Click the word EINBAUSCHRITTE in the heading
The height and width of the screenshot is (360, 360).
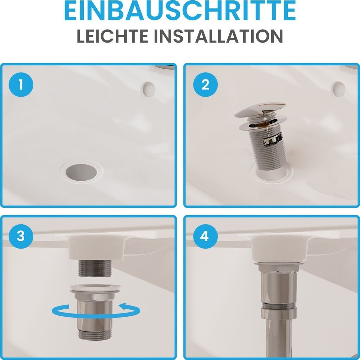point(180,11)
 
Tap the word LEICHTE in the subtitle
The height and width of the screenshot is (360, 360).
point(112,36)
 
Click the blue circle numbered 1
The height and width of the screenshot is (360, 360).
point(21,84)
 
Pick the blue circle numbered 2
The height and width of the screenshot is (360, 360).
point(205,84)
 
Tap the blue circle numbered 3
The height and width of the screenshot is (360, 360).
point(21,236)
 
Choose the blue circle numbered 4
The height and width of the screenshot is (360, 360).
point(205,236)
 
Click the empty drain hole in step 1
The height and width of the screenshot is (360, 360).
point(81,172)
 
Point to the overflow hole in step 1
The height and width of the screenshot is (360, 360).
point(149,89)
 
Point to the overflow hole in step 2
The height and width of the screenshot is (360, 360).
point(339,89)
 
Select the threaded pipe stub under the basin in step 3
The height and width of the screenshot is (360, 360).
point(95,268)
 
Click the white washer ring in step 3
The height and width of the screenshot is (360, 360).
point(95,288)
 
